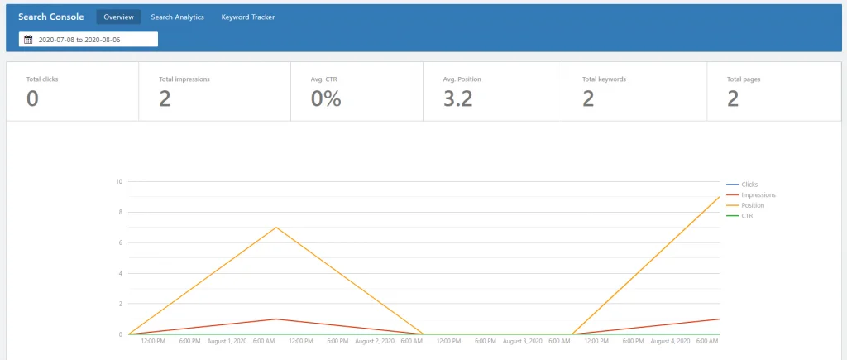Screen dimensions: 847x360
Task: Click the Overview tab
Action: point(119,17)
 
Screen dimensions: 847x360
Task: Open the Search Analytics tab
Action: point(177,17)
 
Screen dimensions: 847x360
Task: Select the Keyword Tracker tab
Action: point(248,17)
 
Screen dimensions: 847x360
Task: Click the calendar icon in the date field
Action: point(29,40)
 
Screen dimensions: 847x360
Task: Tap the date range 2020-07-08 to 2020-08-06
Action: point(79,40)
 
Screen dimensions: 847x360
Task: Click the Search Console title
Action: point(50,17)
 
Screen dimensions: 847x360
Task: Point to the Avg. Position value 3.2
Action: point(457,99)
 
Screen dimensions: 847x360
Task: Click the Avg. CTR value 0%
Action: point(326,99)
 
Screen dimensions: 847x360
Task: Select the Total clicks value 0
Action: point(32,99)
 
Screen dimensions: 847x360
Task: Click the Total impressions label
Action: point(184,79)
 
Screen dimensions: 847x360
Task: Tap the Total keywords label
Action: point(604,79)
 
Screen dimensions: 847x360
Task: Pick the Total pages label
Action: point(744,79)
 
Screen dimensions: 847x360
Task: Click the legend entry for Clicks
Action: point(742,185)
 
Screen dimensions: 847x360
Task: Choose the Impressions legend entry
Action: point(751,195)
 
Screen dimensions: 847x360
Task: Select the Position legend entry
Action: point(745,205)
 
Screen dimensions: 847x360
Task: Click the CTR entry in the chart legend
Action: point(740,216)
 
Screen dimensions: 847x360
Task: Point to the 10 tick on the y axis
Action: point(119,181)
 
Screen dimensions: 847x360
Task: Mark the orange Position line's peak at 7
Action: point(276,227)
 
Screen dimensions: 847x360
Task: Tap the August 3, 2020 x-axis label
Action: point(522,342)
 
